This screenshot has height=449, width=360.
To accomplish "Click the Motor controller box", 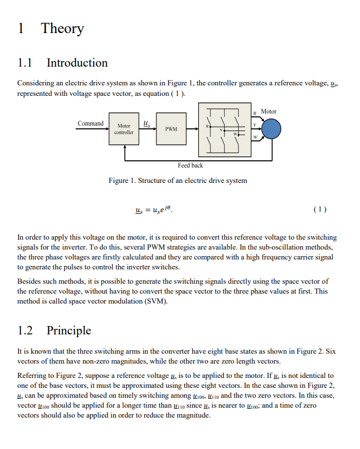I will coord(123,129).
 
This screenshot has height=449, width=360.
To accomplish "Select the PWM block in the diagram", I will coord(171,129).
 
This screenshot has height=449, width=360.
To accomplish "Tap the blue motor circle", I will coord(270,129).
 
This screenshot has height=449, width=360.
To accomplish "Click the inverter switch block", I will coord(222,129).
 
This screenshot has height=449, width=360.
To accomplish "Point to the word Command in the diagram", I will coord(90,123).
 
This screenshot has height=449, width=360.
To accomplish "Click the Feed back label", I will coord(190,165).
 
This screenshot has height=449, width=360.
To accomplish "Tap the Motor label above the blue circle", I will coord(268,111).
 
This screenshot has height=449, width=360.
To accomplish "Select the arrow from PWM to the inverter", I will coord(192,129).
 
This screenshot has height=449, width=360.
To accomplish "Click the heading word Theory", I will coord(62,29).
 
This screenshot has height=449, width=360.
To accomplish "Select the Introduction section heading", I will coord(77,63).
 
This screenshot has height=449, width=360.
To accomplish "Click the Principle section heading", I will coord(69,331).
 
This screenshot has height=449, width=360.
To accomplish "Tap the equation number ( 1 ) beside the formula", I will coord(319,209).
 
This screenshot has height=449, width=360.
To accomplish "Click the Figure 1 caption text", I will coord(178,180).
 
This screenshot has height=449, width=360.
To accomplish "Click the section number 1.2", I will coord(26,331).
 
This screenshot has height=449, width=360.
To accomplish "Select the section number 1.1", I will coord(26,63).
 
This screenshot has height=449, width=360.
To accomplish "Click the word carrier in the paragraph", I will coord(296,257).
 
